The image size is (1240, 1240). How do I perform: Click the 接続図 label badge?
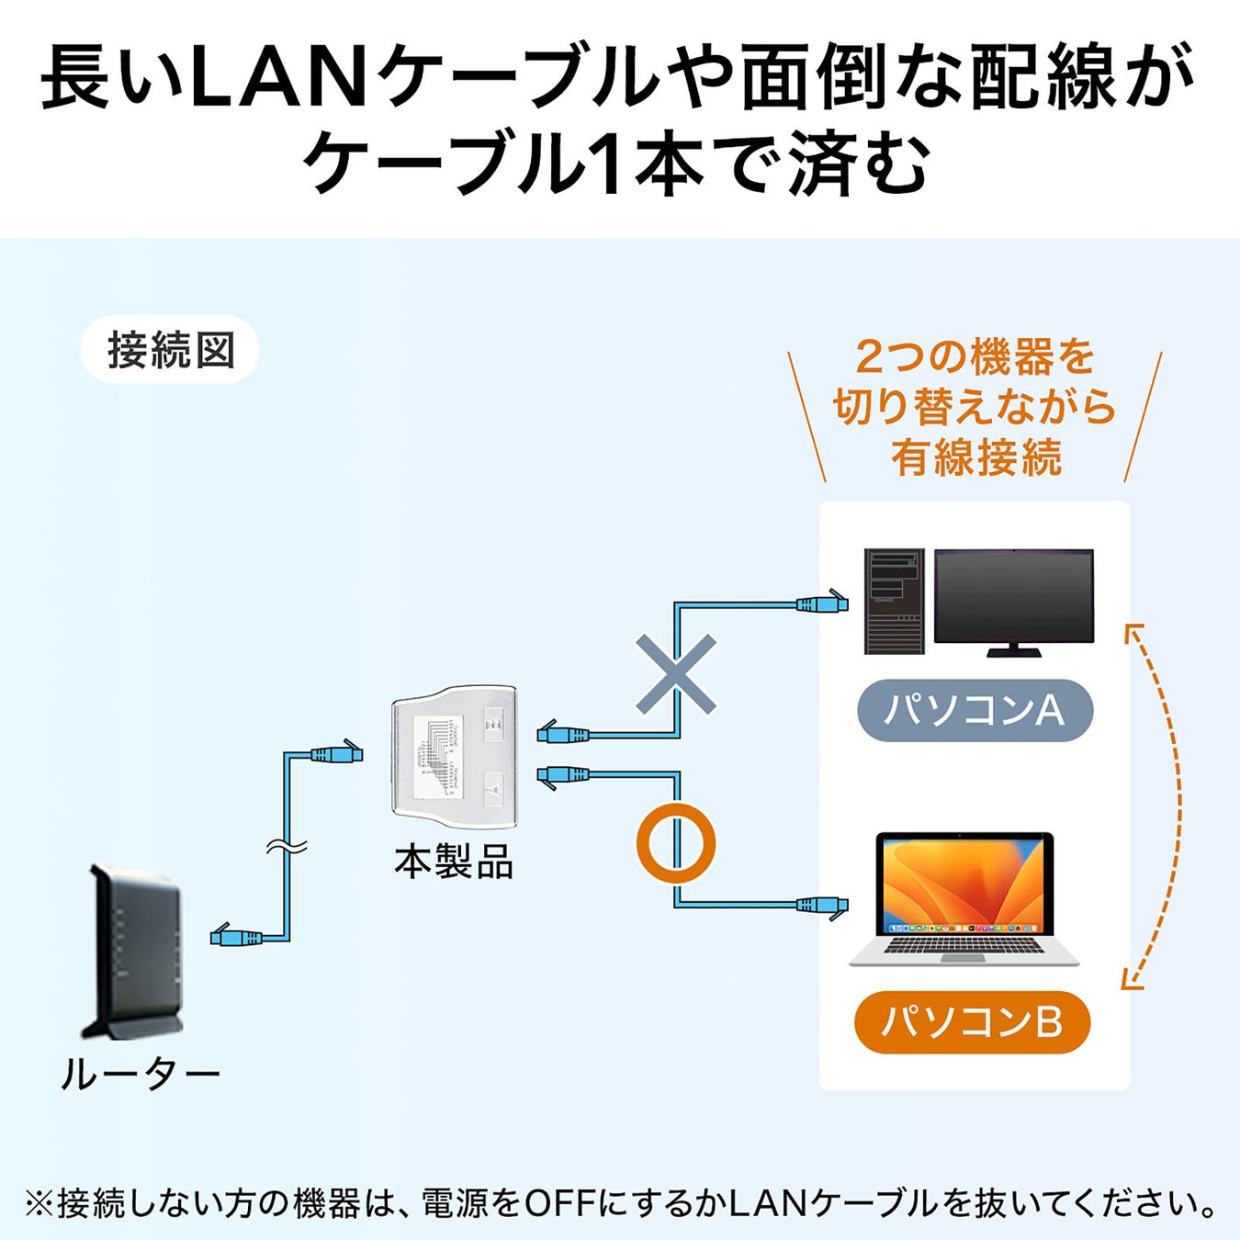[x=170, y=350]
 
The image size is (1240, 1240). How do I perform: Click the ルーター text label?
[x=140, y=1074]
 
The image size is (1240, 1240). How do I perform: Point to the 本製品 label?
[x=453, y=862]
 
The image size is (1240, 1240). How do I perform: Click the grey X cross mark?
[x=676, y=674]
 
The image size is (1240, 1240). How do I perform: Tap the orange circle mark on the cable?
[x=676, y=843]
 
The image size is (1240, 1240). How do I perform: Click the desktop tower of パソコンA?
[x=894, y=602]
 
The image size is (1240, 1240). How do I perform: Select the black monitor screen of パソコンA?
[x=1013, y=595]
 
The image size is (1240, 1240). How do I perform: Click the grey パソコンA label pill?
[x=975, y=710]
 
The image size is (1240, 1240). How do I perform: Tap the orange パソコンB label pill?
[x=972, y=1021]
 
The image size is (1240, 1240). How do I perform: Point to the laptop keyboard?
[x=963, y=945]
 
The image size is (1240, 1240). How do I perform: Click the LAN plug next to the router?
[x=235, y=937]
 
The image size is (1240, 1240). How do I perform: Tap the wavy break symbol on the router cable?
[x=287, y=847]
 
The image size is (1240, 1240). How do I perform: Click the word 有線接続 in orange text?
[x=975, y=457]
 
